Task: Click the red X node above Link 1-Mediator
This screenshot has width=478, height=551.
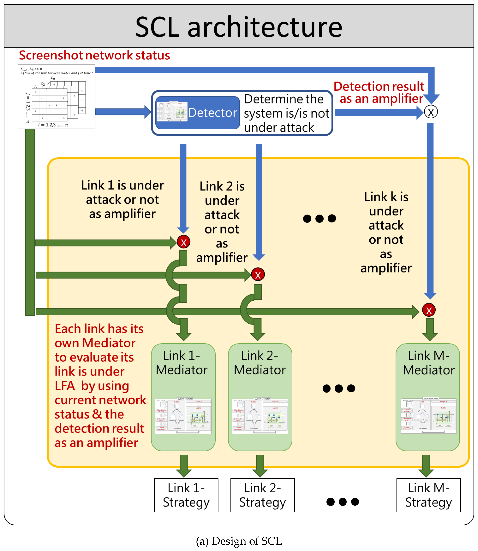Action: point(184,242)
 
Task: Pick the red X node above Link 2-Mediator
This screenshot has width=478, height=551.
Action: point(258,275)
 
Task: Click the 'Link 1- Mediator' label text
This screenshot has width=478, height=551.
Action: point(182,363)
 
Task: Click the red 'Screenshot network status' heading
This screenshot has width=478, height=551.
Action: point(94,55)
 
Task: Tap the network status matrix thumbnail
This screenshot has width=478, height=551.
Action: point(56,96)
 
